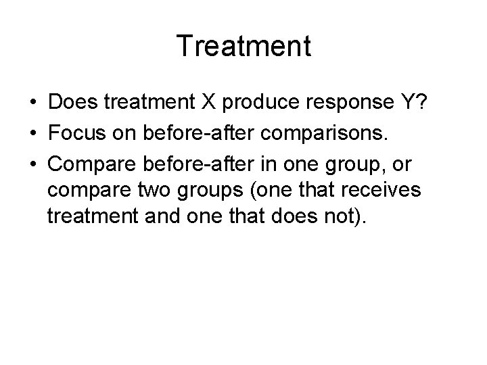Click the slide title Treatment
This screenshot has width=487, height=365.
[x=243, y=47]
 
